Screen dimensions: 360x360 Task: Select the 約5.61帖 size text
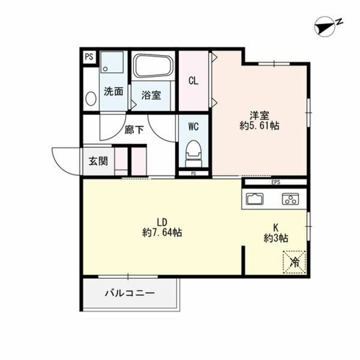coord(259,126)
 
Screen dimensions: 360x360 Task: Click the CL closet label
coord(193,80)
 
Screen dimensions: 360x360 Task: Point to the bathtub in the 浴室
coord(154,67)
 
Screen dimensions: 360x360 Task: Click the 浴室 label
coord(151,95)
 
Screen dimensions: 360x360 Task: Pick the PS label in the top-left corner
coord(89,56)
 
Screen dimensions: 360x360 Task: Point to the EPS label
coord(275,182)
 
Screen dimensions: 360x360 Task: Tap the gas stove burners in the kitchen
coord(290,199)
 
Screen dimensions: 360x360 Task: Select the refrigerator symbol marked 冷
coord(294,260)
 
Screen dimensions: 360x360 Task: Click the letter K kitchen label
coord(276,227)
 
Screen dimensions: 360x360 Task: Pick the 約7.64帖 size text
coord(161,232)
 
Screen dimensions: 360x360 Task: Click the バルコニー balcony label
coord(129,293)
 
